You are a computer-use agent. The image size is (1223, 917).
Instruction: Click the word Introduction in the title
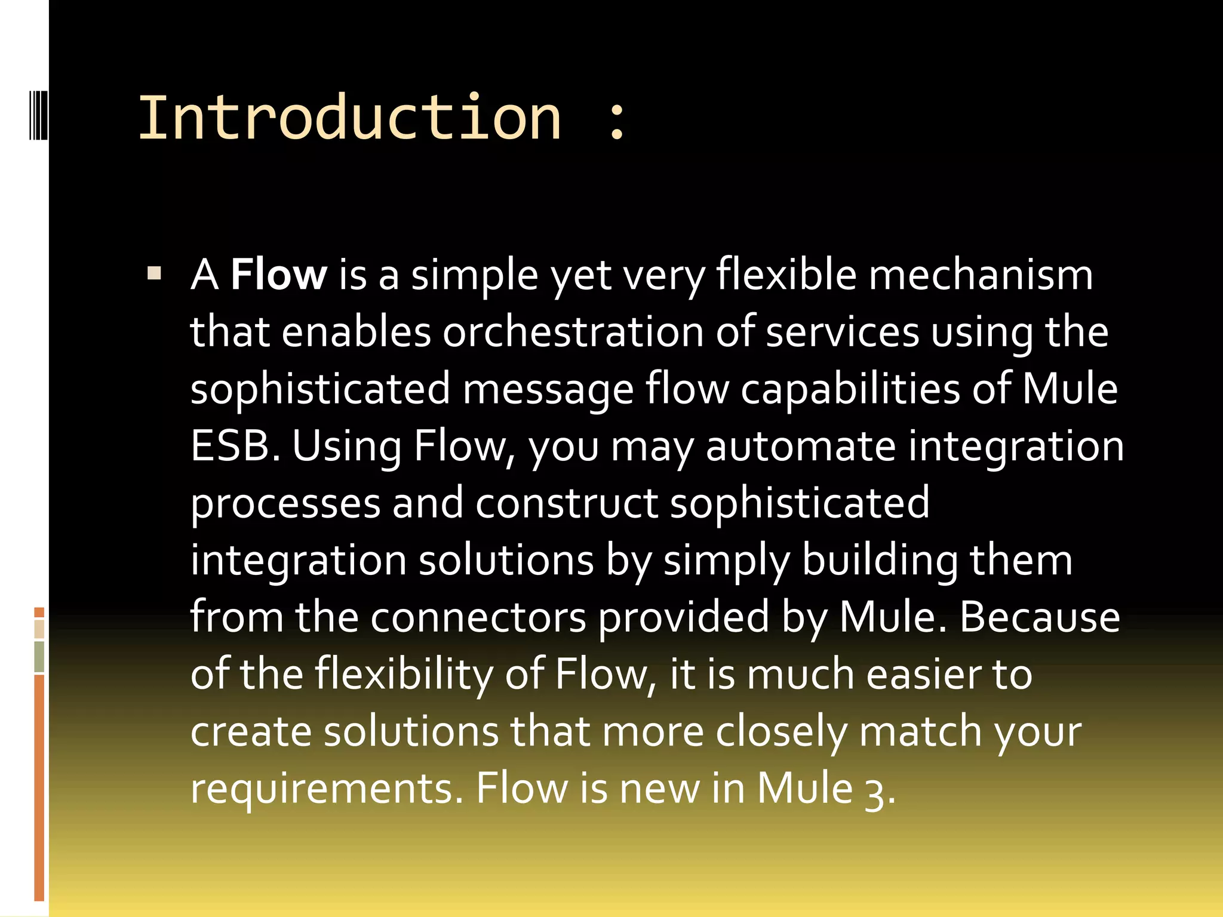[x=349, y=118]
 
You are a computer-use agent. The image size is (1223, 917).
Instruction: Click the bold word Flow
[x=278, y=275]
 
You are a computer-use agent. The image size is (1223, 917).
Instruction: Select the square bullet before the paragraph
[x=154, y=274]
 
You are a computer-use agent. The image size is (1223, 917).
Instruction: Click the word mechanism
[x=980, y=275]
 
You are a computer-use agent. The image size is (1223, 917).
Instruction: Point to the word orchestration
[x=573, y=332]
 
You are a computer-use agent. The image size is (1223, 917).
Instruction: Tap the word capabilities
[x=850, y=389]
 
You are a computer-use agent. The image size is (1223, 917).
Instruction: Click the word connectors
[x=478, y=617]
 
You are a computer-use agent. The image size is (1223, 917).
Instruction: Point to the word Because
[x=1039, y=617]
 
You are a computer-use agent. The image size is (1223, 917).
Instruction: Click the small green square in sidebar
[x=39, y=656]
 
